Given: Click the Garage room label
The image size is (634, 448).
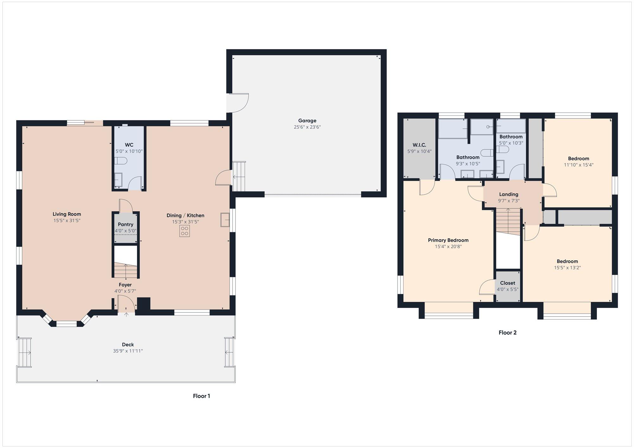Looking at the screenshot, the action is click(307, 120).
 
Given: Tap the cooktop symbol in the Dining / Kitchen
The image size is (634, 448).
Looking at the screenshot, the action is click(184, 231).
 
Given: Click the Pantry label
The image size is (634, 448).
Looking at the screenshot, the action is click(126, 224).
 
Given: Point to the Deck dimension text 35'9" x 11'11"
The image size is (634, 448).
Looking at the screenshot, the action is click(128, 351).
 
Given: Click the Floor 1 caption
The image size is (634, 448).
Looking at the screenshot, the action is click(202, 396).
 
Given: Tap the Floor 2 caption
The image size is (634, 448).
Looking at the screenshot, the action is click(508, 332).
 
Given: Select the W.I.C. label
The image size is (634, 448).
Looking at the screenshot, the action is click(419, 145).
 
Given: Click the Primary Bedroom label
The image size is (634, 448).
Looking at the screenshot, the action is click(448, 240).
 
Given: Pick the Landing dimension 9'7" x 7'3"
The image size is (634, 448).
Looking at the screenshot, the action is click(509, 201).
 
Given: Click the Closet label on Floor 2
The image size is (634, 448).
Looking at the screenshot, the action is click(508, 283).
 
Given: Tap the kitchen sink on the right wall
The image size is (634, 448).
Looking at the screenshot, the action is click(225, 220).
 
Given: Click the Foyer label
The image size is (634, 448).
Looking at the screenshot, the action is click(125, 285).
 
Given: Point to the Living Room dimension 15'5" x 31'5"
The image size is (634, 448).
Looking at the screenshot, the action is click(67, 221).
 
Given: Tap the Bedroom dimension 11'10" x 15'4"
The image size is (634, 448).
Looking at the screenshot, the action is click(579, 165).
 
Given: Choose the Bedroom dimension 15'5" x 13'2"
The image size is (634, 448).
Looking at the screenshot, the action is click(567, 268).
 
